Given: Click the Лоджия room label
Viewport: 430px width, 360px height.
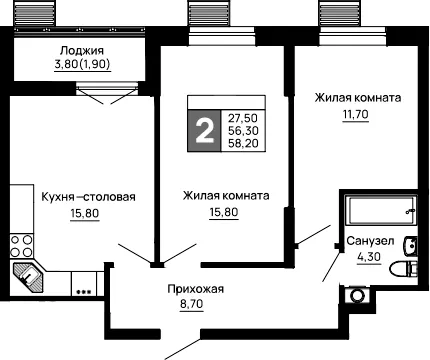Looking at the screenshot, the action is (x=82, y=51).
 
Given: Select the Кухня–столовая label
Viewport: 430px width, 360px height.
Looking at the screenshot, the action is (x=88, y=197).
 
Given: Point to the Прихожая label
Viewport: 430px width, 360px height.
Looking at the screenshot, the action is (x=196, y=289).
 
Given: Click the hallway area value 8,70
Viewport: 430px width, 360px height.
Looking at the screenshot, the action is (x=192, y=304).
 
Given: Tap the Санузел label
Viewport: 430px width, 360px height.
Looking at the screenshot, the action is (x=370, y=241).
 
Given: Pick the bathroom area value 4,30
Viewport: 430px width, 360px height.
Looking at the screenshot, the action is (x=369, y=257).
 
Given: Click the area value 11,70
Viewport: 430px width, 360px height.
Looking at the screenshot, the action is (x=356, y=114).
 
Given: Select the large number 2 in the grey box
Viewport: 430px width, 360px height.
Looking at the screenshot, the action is (x=204, y=131).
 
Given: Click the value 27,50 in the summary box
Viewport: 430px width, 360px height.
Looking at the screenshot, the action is (x=243, y=118).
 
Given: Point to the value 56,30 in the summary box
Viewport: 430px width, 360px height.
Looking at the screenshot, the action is (x=243, y=130).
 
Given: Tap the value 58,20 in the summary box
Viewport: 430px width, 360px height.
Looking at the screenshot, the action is (x=243, y=143).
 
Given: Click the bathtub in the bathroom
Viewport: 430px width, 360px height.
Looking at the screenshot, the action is (x=380, y=210).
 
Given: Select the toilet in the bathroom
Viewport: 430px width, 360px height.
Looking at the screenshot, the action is (x=404, y=269).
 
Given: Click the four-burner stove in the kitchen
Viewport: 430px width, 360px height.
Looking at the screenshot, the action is (x=22, y=246).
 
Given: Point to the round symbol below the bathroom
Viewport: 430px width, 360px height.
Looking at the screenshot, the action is (x=357, y=296).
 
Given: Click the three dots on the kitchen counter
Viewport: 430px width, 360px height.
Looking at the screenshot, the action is (x=84, y=292).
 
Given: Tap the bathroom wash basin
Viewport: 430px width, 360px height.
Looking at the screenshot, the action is (x=410, y=246).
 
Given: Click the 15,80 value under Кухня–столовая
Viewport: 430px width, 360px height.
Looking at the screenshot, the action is (x=85, y=213).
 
